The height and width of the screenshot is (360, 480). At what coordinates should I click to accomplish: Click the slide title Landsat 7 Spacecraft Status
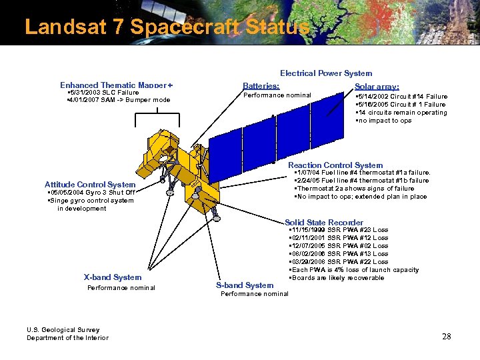167,27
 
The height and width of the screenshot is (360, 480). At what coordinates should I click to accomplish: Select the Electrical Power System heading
326,73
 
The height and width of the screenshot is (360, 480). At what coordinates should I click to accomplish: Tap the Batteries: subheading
261,86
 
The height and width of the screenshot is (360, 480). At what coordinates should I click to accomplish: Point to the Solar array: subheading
377,87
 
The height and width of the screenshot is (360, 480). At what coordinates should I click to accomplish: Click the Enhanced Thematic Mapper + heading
116,85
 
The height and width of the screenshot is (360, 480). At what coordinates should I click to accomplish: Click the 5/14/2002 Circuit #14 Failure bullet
401,97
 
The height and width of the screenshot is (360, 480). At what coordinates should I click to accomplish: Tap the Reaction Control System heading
335,165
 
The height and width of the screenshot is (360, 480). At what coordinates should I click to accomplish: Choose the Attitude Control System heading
90,185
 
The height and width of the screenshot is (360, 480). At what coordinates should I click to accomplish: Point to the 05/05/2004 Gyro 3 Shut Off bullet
91,193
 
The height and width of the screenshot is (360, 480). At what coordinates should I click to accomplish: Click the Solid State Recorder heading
324,223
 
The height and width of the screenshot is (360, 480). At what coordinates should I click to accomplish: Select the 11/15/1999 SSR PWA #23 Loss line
339,230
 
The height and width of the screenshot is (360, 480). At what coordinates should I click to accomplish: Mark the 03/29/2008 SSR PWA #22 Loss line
339,262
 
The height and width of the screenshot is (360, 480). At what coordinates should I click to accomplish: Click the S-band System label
245,285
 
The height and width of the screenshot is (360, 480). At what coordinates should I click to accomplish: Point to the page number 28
446,337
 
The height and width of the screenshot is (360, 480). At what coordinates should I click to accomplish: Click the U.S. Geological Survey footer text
63,329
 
